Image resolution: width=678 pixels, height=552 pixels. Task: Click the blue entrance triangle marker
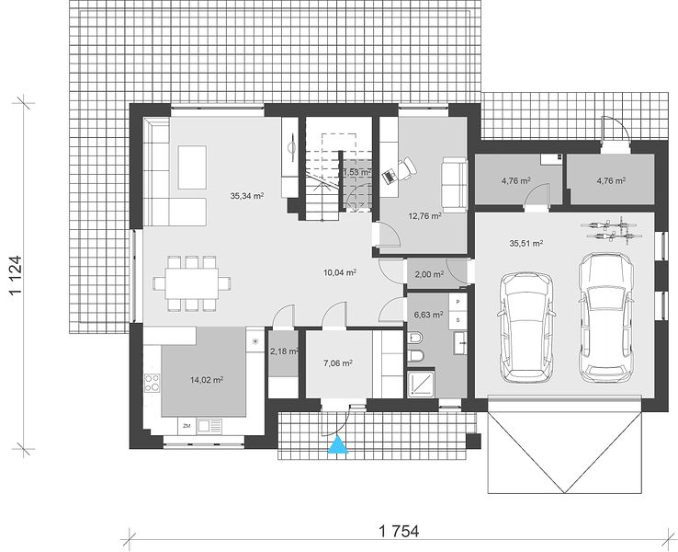(x=338, y=445)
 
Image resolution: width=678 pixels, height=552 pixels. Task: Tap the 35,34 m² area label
(x=247, y=196)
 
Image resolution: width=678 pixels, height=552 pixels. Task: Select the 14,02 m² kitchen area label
(x=207, y=380)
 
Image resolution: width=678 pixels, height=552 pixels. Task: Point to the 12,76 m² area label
(x=424, y=215)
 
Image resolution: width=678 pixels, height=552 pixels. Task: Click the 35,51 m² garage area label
(x=526, y=243)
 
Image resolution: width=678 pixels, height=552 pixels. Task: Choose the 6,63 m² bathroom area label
(x=428, y=316)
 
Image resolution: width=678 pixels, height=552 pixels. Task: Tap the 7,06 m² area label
(x=338, y=363)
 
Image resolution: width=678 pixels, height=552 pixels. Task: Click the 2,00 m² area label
(x=429, y=274)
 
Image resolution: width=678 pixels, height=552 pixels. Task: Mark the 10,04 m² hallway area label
(x=340, y=272)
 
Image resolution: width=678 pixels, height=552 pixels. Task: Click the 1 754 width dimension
(x=399, y=531)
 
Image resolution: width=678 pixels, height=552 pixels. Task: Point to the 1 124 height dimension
(x=16, y=275)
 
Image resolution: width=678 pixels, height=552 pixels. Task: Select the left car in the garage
(x=526, y=328)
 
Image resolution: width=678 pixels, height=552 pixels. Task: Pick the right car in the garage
(x=605, y=317)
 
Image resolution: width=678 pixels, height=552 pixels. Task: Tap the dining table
(x=192, y=283)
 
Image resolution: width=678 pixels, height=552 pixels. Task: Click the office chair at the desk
(x=406, y=168)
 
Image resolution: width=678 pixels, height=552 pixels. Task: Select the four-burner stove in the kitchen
(x=152, y=383)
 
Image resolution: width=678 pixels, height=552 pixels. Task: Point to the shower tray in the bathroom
(x=421, y=384)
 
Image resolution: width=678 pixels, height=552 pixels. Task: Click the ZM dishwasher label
(x=186, y=427)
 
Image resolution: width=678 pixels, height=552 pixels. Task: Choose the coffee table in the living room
(x=192, y=167)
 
